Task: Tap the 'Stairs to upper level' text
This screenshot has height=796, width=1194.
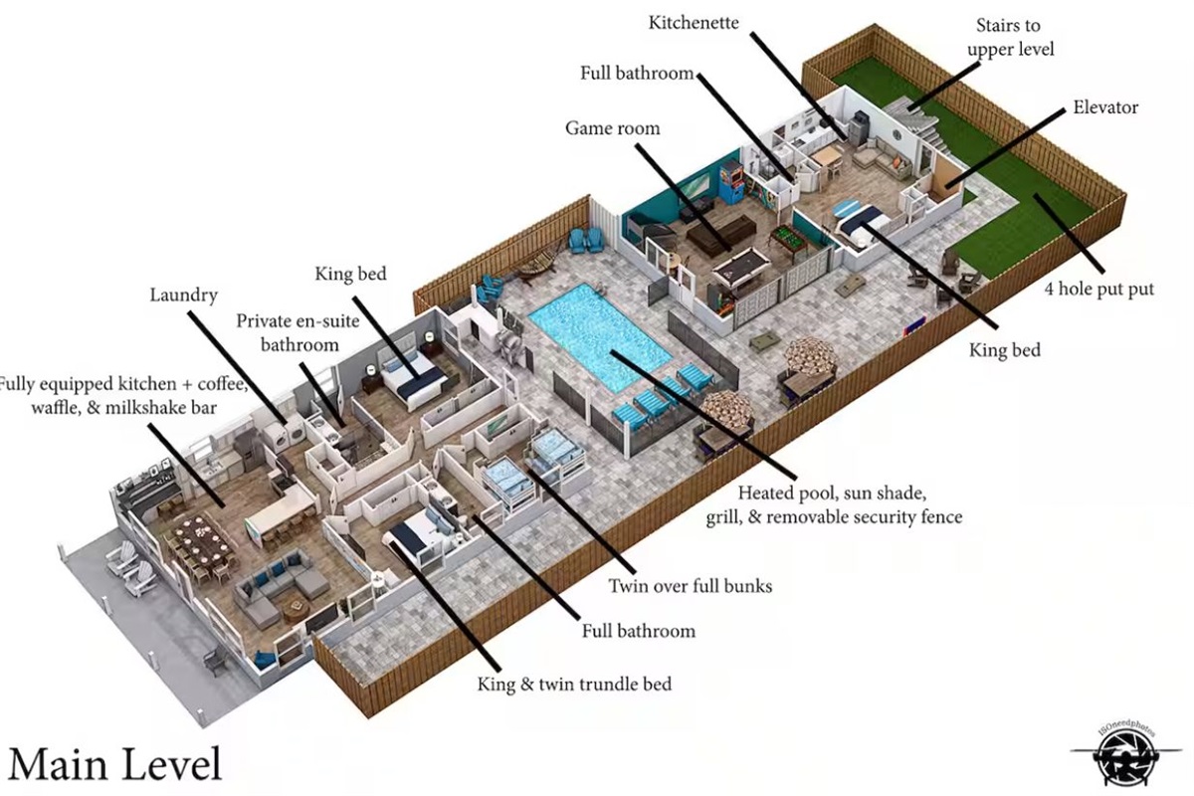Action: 1009,37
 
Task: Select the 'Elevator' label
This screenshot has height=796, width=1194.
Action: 1105,107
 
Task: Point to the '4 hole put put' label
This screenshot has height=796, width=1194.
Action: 1098,290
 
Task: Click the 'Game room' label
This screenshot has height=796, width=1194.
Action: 612,128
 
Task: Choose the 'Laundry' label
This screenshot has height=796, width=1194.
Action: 183,295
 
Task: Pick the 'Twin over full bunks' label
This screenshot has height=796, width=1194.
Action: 690,586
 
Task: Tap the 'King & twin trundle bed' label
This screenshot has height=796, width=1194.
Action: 574,684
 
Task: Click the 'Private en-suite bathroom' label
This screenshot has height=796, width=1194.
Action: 287,332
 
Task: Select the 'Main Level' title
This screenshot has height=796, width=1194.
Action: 114,764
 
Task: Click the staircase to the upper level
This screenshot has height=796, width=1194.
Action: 909,118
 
